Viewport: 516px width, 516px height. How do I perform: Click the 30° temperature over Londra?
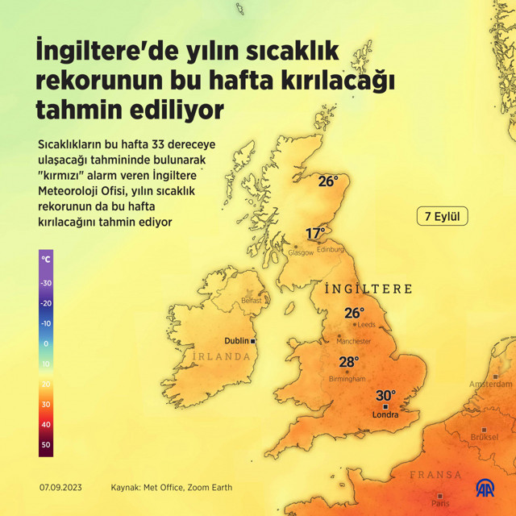tap(385, 395)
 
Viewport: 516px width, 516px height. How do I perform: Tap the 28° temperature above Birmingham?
tap(348, 362)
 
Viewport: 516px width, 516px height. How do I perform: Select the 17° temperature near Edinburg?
tap(315, 234)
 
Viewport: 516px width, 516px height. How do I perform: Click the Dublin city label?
tap(237, 341)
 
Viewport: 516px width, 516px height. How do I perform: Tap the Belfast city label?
tap(252, 301)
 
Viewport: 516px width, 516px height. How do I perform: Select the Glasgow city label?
tap(301, 252)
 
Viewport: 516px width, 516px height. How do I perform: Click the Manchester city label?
tap(353, 341)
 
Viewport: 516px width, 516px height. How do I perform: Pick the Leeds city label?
tap(366, 324)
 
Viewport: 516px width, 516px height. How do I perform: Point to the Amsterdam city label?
tap(490, 384)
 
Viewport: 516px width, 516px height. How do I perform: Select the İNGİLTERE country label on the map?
tap(368, 289)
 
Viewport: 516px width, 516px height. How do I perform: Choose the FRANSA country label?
tap(435, 475)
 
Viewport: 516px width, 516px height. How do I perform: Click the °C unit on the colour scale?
tap(46, 260)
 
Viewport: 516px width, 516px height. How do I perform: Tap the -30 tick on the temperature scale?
tap(46, 283)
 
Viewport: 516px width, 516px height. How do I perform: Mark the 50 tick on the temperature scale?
tap(46, 444)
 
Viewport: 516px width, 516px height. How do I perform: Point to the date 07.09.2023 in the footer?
tap(60, 488)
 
